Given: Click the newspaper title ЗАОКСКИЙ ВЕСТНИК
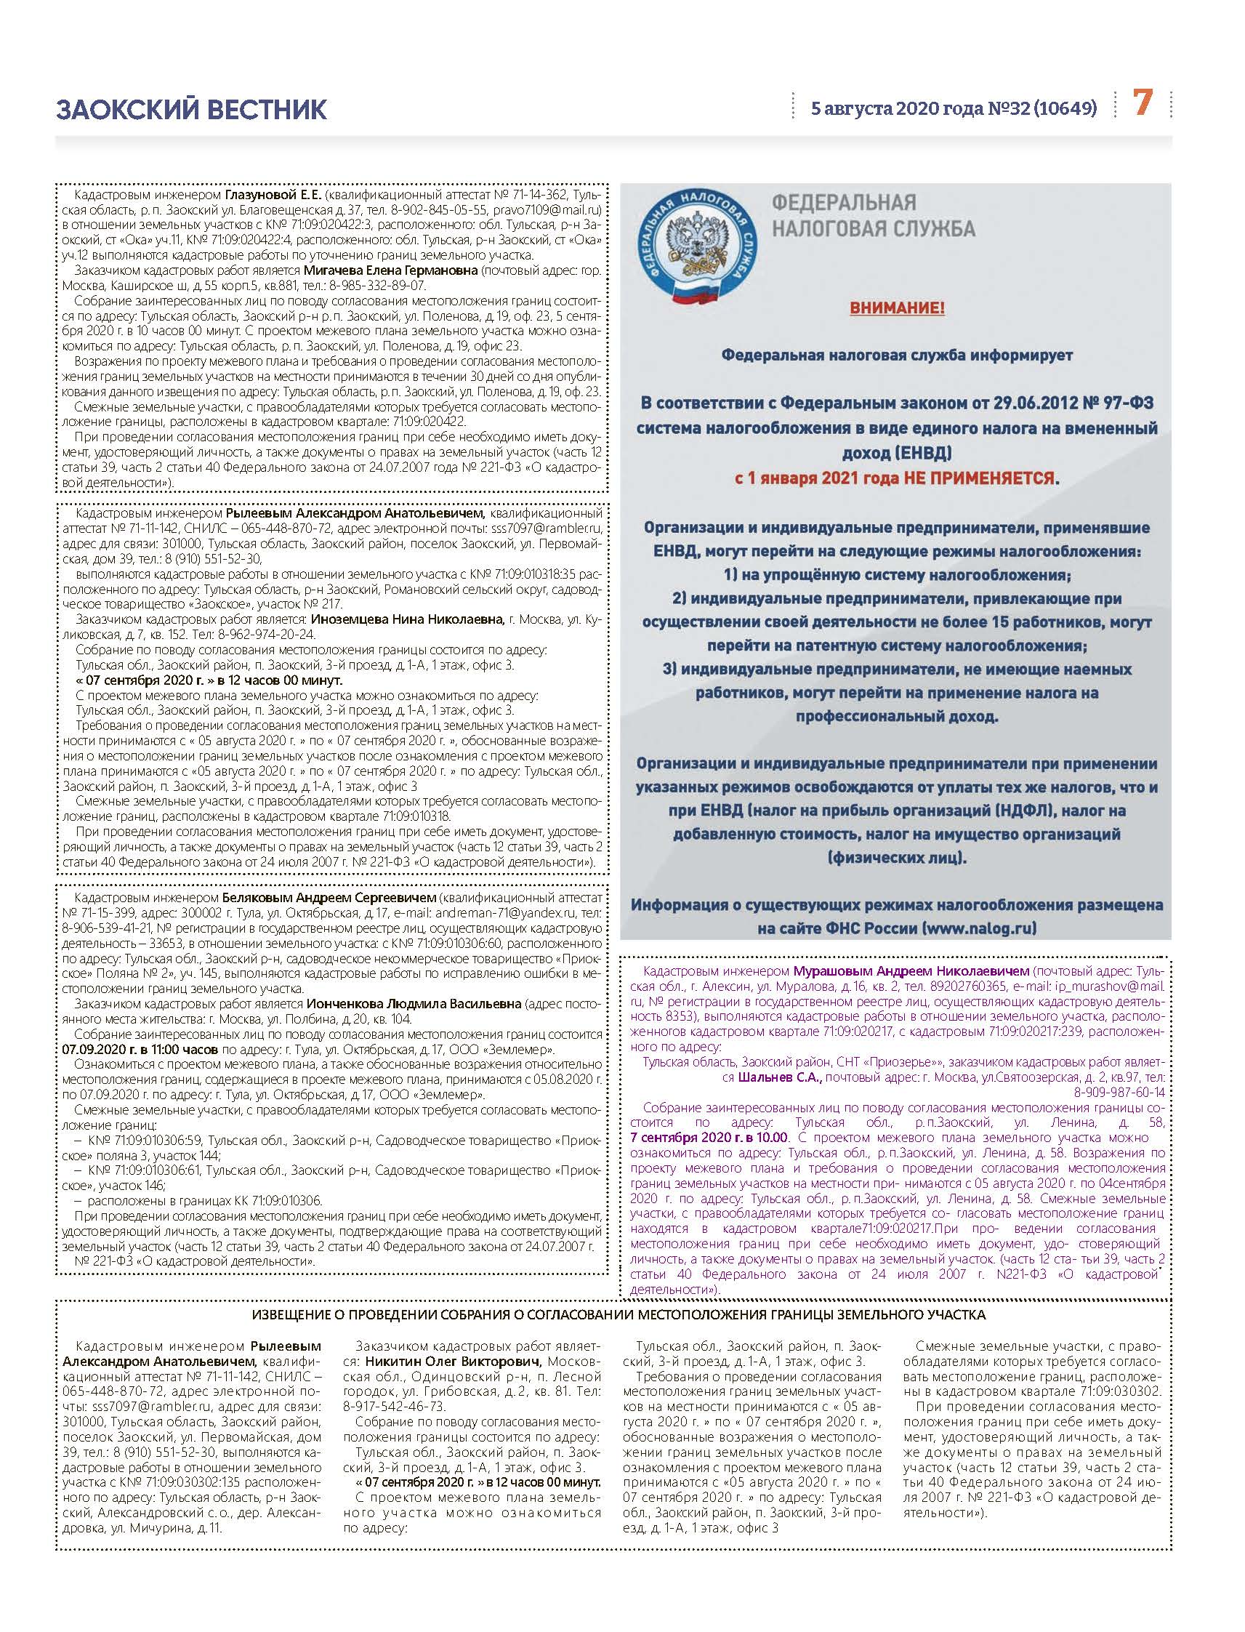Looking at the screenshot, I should click(190, 109).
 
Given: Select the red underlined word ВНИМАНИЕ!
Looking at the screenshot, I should click(897, 307).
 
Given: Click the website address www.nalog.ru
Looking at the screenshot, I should click(979, 927).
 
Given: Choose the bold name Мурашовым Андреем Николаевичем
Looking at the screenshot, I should click(911, 970).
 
